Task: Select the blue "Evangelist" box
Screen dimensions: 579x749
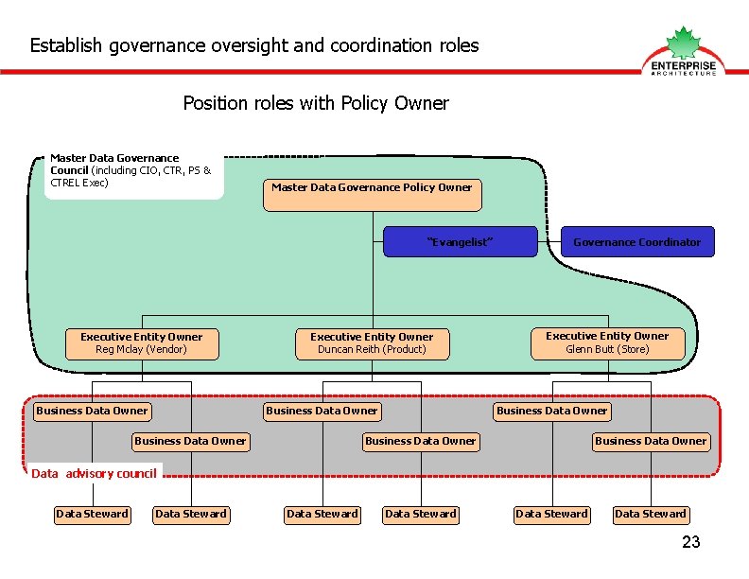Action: point(460,242)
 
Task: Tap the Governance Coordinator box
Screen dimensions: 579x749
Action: point(636,242)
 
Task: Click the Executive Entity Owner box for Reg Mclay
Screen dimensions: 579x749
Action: point(142,343)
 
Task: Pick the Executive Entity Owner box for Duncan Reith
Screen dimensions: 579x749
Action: point(372,343)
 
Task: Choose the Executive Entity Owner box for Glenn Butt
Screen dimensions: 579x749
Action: point(607,342)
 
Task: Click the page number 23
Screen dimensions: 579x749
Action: point(691,542)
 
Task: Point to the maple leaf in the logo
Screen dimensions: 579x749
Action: point(683,44)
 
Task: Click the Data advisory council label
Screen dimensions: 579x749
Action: point(94,473)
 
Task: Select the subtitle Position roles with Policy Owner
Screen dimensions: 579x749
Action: point(316,103)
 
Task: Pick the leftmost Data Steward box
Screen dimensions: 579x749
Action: point(92,514)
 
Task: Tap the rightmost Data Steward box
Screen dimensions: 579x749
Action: point(651,514)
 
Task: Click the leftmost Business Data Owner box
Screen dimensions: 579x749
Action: point(92,411)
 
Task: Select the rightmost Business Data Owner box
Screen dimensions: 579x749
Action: point(651,441)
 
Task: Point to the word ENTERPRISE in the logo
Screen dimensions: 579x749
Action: point(684,65)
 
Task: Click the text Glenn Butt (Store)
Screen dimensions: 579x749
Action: point(607,349)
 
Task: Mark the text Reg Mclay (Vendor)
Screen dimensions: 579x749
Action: point(142,350)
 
